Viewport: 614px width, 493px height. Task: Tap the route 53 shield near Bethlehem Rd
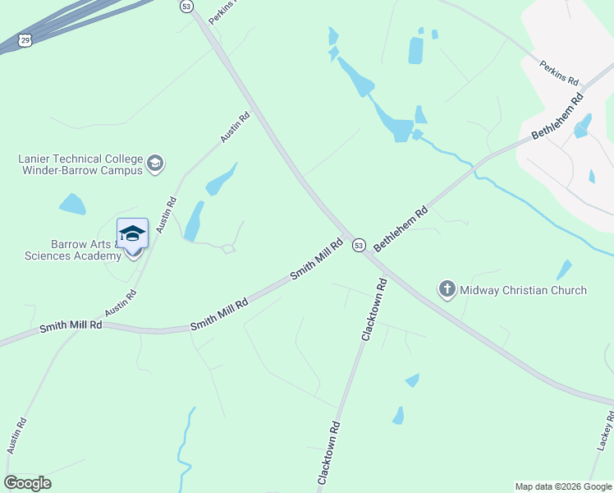coord(359,245)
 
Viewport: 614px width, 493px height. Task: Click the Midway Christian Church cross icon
coord(447,289)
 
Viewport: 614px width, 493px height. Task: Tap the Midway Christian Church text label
coord(523,290)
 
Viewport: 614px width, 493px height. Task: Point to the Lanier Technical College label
coord(80,164)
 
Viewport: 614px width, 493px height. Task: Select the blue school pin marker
coord(132,235)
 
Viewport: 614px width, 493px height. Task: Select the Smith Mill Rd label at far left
coord(71,326)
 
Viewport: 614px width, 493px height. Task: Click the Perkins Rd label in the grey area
coord(560,72)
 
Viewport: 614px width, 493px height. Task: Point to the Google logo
coord(27,483)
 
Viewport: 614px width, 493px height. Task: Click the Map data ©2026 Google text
coord(563,486)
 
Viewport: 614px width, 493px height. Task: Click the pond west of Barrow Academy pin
coord(72,204)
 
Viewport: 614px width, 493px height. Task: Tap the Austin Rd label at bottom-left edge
coord(17,435)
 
